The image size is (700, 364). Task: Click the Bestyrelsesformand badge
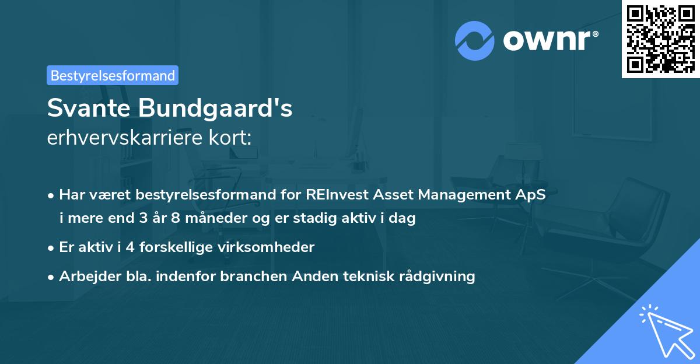(x=113, y=75)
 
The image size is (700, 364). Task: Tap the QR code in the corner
(x=660, y=38)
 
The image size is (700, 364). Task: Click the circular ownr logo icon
(x=475, y=40)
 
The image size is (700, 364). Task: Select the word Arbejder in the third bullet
(x=85, y=276)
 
